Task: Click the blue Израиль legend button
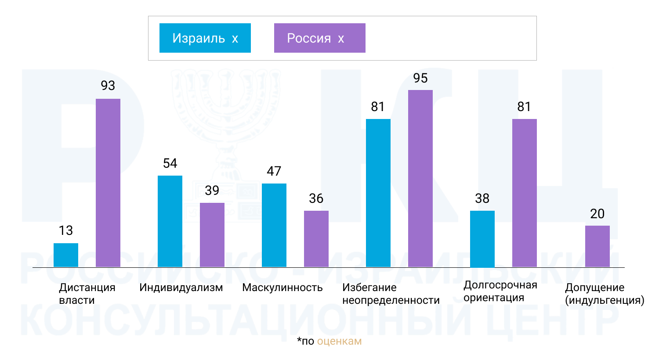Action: [205, 38]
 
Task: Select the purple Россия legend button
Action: [319, 38]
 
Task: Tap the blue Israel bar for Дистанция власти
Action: [66, 255]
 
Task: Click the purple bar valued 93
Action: [108, 183]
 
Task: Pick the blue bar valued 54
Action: [170, 221]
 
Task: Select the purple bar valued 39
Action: [212, 235]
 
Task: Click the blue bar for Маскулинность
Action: [274, 225]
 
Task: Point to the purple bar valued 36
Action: [316, 239]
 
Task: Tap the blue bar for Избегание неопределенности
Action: [378, 193]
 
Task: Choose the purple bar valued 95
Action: [420, 178]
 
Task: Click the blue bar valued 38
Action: [482, 239]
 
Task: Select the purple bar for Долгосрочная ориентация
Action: [525, 193]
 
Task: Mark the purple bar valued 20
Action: [597, 246]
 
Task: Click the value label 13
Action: [66, 230]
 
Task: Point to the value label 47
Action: [274, 171]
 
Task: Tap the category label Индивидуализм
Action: [181, 288]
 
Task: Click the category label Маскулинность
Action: [282, 288]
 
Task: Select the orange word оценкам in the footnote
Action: [339, 341]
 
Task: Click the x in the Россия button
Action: [341, 39]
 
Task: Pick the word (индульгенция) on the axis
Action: [605, 300]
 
